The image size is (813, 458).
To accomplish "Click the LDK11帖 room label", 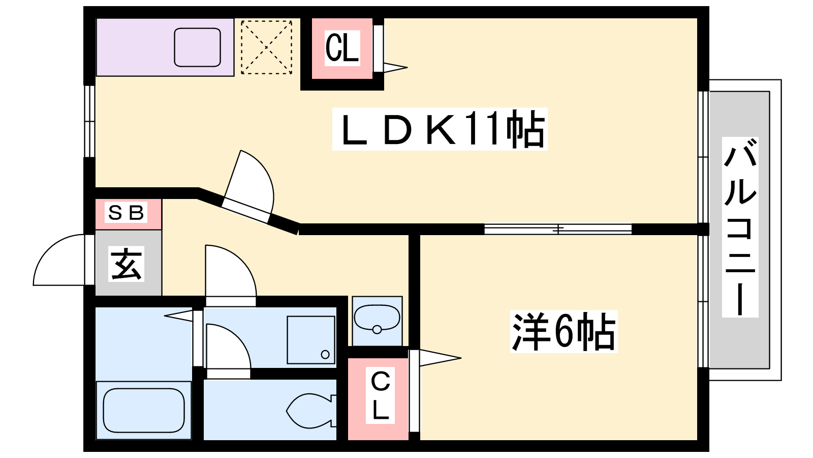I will [440, 129].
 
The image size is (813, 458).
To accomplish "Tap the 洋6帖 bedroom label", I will [564, 332].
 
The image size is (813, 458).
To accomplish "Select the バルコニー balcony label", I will [740, 227].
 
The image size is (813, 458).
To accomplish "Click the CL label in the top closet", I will [342, 48].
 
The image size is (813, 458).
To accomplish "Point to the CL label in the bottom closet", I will [380, 395].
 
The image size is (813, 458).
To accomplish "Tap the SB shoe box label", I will [127, 212].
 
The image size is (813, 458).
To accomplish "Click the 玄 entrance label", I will [127, 264].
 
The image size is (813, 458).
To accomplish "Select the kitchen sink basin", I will [197, 47].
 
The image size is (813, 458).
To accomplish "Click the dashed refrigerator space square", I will [266, 47].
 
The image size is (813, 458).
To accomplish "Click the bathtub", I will [144, 410].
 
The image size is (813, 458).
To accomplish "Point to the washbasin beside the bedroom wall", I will [377, 319].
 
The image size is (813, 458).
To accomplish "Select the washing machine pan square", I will [311, 340].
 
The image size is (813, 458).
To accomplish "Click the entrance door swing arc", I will [58, 260].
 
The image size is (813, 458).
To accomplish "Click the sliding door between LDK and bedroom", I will [558, 229].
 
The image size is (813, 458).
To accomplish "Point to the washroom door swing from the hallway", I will [230, 272].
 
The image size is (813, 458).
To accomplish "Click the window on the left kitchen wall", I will [89, 121].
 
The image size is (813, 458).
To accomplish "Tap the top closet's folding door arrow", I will [393, 67].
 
